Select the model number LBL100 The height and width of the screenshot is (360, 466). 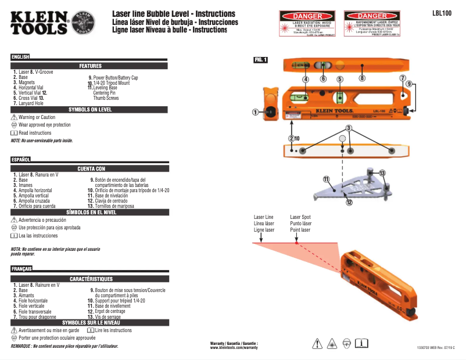point(442,12)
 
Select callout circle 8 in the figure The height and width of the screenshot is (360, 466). point(361,78)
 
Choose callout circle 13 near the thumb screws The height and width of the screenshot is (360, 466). point(382,174)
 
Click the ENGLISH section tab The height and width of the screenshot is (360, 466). point(20,57)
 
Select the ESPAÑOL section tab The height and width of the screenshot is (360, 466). point(21,159)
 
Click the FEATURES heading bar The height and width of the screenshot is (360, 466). point(90,66)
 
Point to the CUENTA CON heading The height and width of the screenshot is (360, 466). point(91,168)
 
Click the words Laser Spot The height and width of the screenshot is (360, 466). point(300,217)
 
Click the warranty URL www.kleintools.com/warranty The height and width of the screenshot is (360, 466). point(234,348)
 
